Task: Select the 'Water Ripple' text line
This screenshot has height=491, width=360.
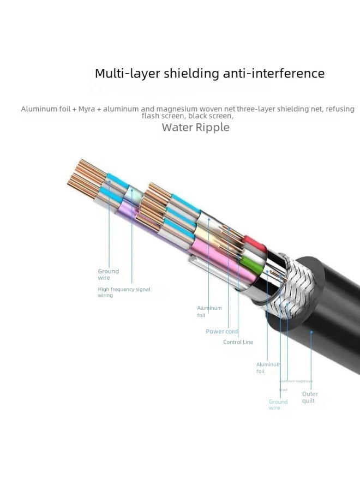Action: pyautogui.click(x=196, y=128)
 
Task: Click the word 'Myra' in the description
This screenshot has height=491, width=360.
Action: pyautogui.click(x=86, y=109)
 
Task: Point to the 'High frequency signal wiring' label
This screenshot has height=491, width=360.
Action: pyautogui.click(x=124, y=292)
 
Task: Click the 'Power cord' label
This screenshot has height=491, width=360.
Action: pyautogui.click(x=221, y=331)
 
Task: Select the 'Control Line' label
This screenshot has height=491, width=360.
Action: pyautogui.click(x=238, y=342)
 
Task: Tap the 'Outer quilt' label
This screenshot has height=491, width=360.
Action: pyautogui.click(x=310, y=397)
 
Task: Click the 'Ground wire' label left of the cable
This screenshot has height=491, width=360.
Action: pyautogui.click(x=108, y=274)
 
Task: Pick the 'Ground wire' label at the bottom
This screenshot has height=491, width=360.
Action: pyautogui.click(x=278, y=405)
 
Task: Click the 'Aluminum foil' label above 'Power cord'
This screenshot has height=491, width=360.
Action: pyautogui.click(x=209, y=312)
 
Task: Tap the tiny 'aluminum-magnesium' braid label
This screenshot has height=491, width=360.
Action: pyautogui.click(x=296, y=381)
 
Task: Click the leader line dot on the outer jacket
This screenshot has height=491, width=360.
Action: pyautogui.click(x=311, y=331)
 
